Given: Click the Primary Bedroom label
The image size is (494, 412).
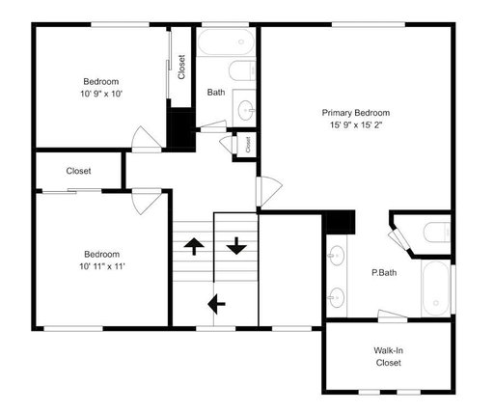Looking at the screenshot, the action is point(356,113).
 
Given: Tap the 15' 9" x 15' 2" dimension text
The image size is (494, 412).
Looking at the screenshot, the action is point(356,125).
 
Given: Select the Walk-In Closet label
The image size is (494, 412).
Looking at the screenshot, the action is point(389,357).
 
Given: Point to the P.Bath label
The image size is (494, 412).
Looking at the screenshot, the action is point(384,273).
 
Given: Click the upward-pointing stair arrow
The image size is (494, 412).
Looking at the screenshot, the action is point(194,246).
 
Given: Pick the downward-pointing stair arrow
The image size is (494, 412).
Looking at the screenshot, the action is point(236,246).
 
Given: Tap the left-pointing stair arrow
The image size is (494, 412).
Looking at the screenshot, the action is point(216,304).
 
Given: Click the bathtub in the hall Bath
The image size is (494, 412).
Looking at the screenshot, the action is point(226,41).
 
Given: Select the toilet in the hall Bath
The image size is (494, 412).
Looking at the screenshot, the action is point(242,71).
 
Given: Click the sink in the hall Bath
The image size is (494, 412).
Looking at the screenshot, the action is point(246,110).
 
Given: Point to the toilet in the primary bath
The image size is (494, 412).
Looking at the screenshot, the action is point(437,233).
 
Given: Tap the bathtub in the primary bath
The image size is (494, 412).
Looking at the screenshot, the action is point(436,288).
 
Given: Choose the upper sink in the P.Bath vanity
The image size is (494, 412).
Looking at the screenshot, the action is point(336,256).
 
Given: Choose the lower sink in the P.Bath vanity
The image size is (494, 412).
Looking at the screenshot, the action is point(336,297).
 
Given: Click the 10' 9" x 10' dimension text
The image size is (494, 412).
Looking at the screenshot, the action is point(101,94).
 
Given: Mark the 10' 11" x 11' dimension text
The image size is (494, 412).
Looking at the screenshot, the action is point(102,266).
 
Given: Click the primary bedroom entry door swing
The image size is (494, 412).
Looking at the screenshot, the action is point(269,191).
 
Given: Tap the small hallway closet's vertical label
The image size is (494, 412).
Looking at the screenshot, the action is point(248,145).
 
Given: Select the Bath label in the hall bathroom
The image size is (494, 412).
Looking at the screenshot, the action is point(216,93).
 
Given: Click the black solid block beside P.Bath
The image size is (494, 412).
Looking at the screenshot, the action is point(341,222).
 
